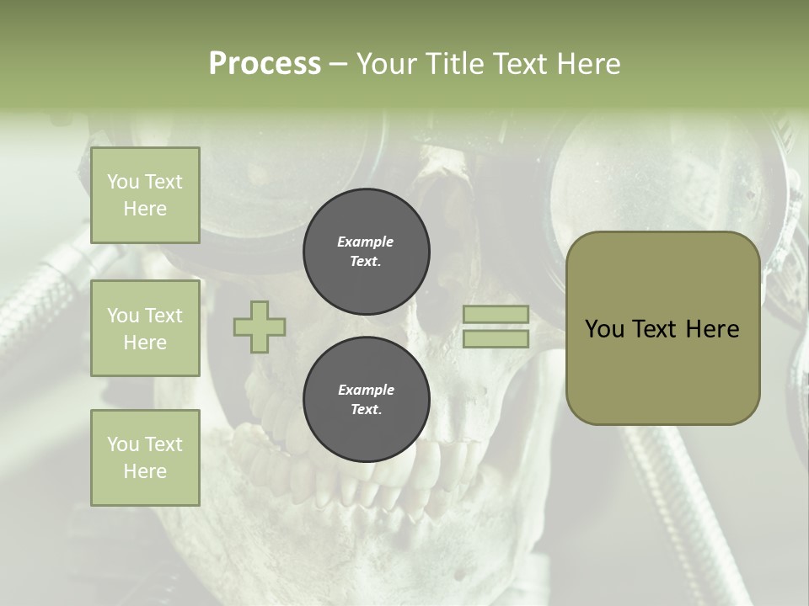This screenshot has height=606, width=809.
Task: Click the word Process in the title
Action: pyautogui.click(x=265, y=64)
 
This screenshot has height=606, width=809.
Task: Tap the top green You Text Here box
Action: pyautogui.click(x=145, y=195)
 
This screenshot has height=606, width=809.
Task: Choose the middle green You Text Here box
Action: pyautogui.click(x=145, y=328)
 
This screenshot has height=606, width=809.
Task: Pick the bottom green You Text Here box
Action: pyautogui.click(x=145, y=457)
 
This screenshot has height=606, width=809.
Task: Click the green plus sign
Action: pyautogui.click(x=260, y=327)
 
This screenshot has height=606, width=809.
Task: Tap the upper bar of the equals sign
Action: pyautogui.click(x=496, y=315)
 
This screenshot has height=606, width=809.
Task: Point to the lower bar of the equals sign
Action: pyautogui.click(x=496, y=339)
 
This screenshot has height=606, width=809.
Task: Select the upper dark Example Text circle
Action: pyautogui.click(x=366, y=251)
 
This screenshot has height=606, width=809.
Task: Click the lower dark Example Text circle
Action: pyautogui.click(x=366, y=399)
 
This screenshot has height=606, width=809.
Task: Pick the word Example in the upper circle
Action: pyautogui.click(x=366, y=242)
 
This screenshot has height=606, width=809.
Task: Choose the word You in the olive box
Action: pyautogui.click(x=605, y=329)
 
